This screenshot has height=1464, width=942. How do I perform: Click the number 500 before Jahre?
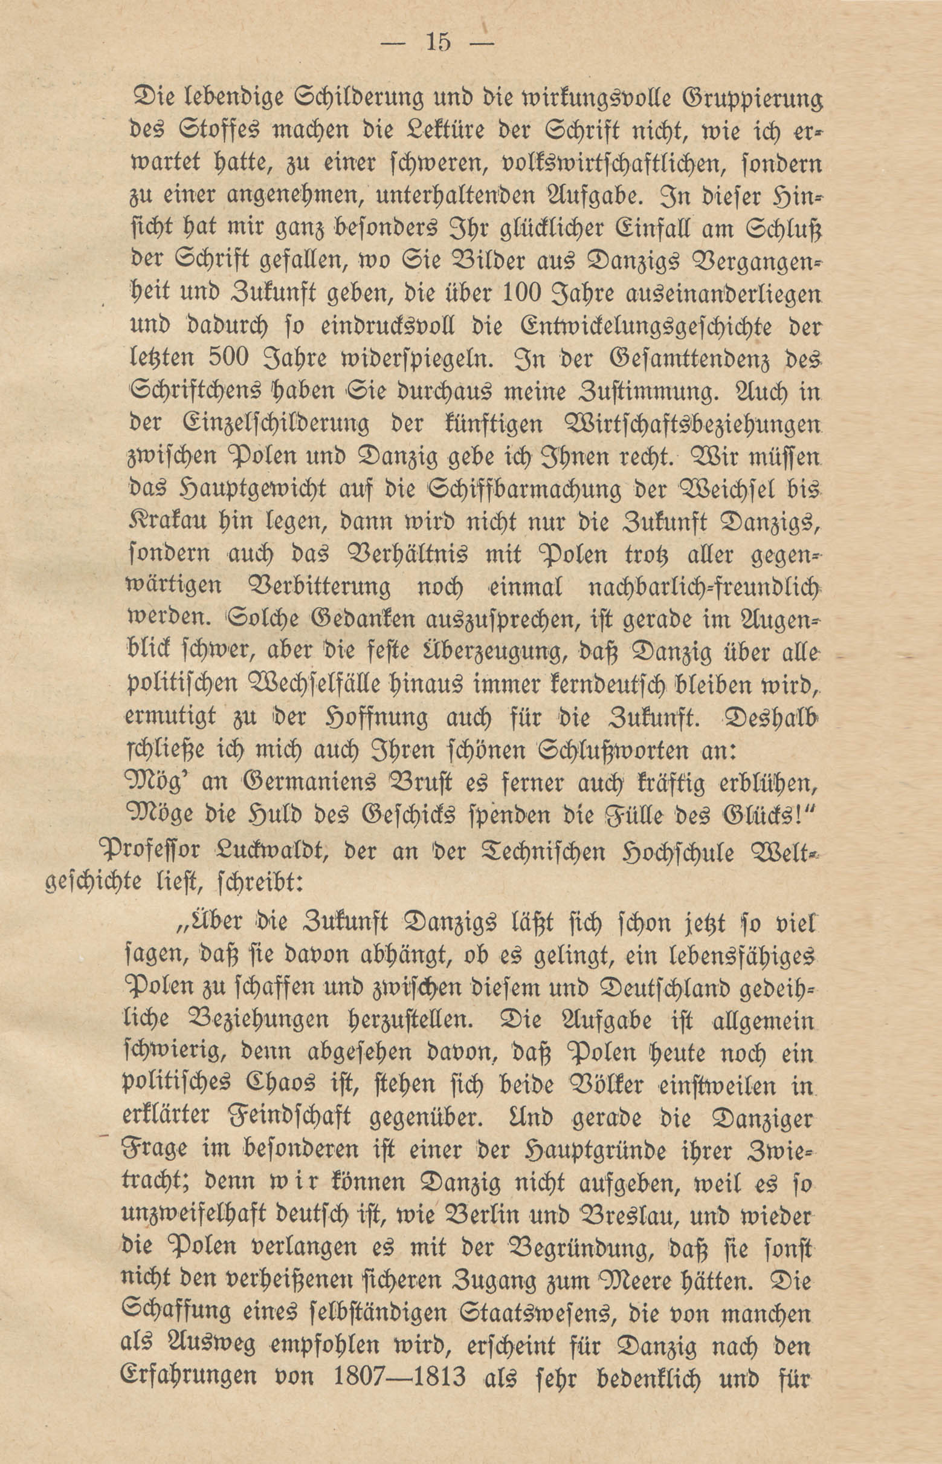[x=232, y=358]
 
